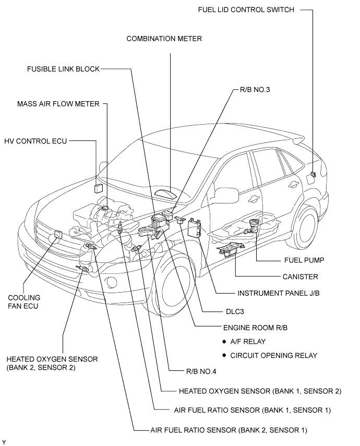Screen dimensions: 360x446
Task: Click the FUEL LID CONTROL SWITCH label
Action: click(246, 10)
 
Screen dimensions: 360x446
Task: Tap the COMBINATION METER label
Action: click(164, 39)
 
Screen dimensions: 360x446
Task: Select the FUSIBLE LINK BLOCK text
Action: click(63, 69)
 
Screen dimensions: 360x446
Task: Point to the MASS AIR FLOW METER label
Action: click(58, 104)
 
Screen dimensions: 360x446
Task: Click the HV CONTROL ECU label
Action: click(35, 141)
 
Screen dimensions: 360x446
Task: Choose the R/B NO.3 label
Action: click(255, 90)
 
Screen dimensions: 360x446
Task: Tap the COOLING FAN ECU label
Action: click(24, 302)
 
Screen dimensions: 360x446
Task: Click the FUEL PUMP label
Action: click(304, 260)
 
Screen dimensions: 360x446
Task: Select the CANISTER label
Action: click(300, 277)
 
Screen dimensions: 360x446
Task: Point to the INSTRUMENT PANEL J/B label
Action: click(278, 293)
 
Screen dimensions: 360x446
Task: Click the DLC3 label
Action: click(235, 311)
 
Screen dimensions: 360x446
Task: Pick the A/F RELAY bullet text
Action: click(248, 342)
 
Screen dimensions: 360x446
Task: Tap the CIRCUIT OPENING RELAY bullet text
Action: click(273, 356)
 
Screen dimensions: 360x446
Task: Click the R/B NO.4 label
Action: click(201, 371)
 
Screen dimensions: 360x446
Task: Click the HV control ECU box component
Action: click(99, 189)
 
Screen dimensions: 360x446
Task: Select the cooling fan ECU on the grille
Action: click(58, 234)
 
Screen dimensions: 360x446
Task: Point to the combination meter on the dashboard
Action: click(165, 193)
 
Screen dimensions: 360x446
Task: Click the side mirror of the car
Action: click(226, 196)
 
